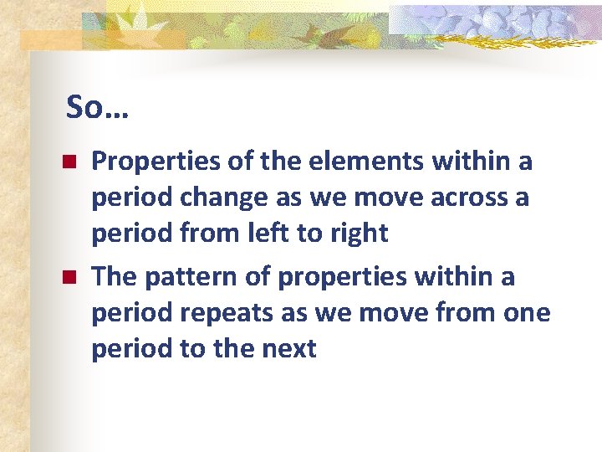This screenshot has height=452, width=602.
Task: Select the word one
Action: click(x=527, y=313)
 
